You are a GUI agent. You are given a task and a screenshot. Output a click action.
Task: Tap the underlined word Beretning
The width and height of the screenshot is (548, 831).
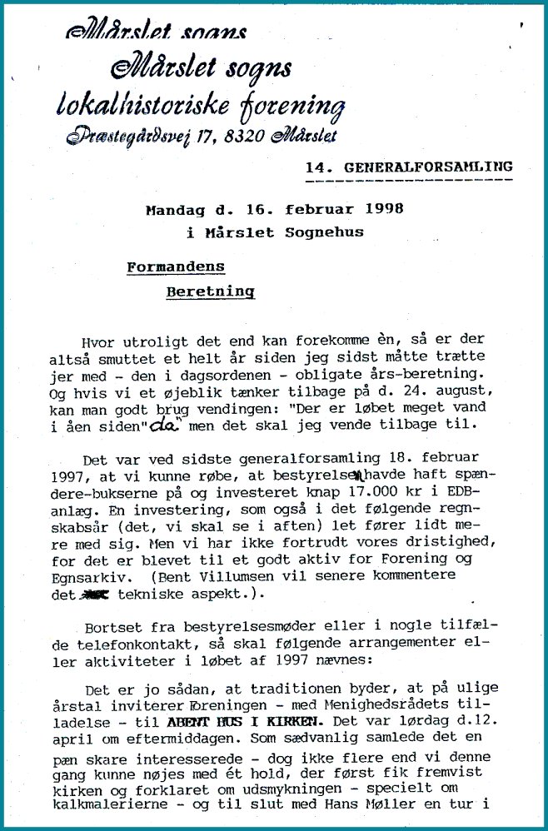pyautogui.click(x=210, y=292)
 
